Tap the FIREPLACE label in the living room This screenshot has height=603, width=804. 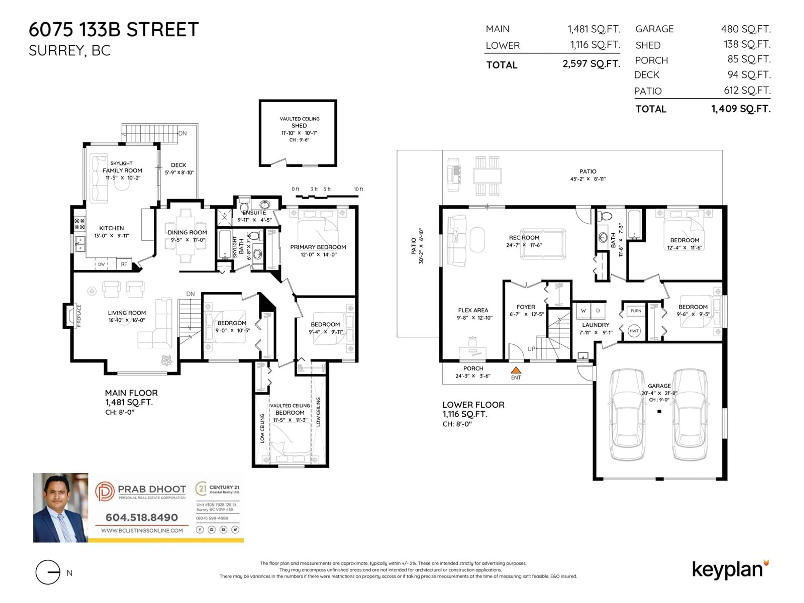79,316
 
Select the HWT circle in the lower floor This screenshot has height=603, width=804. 634,331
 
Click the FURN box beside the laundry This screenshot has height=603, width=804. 636,311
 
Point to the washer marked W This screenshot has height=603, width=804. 583,311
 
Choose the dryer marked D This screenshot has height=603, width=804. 598,311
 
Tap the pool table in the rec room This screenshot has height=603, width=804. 543,244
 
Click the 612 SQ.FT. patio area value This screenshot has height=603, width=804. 747,90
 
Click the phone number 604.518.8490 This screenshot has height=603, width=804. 142,517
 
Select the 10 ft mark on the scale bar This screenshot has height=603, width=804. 358,189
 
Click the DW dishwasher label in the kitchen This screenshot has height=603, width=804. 101,264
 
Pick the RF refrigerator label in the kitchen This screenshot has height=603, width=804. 124,264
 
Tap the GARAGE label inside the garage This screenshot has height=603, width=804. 659,386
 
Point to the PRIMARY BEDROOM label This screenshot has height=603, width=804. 318,247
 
